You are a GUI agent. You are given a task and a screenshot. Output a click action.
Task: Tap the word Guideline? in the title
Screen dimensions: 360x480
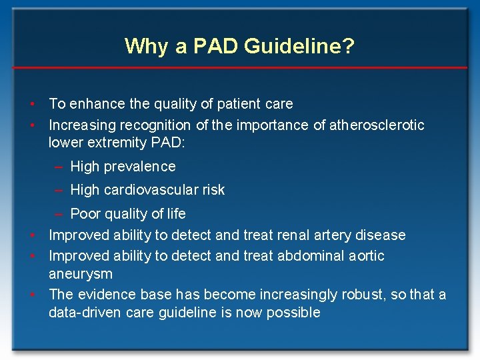tap(299, 47)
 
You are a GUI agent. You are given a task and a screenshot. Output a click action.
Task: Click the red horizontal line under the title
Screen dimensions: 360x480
tap(240, 68)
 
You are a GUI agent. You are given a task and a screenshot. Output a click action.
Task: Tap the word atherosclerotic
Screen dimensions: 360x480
tap(377, 125)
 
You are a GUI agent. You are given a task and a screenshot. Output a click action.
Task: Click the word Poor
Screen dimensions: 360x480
tap(85, 214)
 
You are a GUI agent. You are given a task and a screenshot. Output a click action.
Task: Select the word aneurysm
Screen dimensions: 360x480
tap(81, 274)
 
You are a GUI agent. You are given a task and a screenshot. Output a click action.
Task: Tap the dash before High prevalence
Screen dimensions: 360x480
tap(59, 167)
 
